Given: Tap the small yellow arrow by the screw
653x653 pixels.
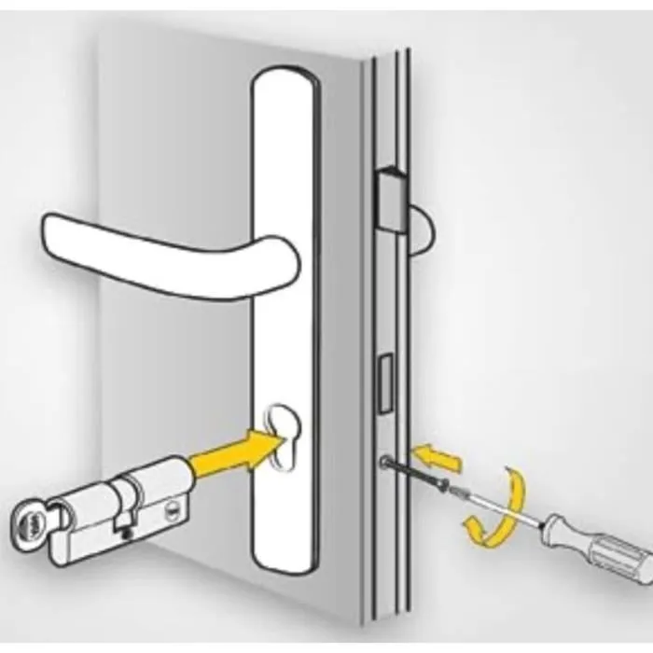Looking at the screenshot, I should pyautogui.click(x=438, y=458).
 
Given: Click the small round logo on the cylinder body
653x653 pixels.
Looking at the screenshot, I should pyautogui.click(x=174, y=508).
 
